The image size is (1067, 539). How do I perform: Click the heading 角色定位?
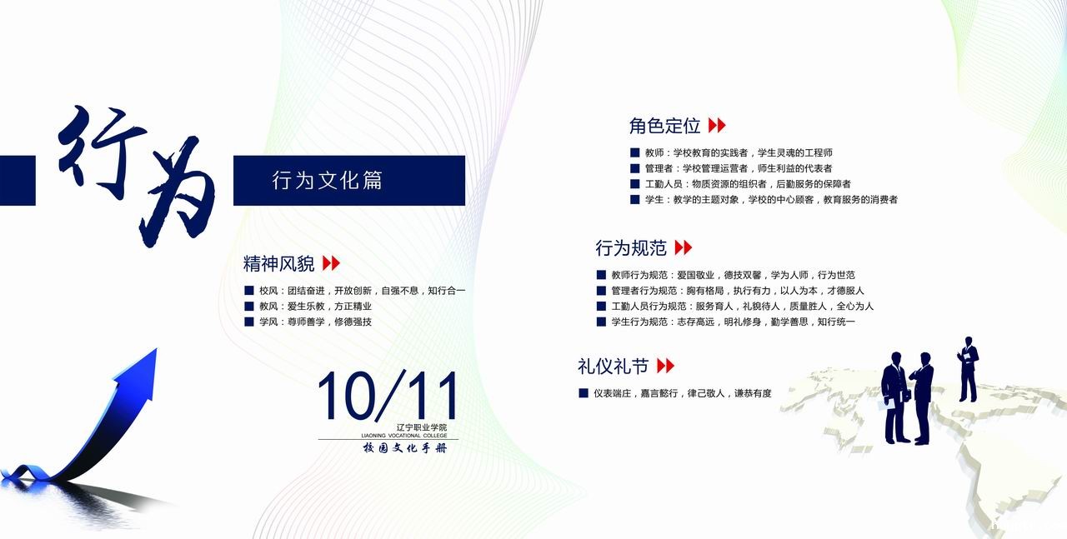click(x=664, y=126)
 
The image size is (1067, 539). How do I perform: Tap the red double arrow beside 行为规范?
click(x=684, y=247)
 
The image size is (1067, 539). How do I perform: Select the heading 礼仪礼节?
click(x=613, y=367)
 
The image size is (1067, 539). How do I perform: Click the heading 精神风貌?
click(x=278, y=263)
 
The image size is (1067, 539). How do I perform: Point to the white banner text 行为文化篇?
click(x=328, y=181)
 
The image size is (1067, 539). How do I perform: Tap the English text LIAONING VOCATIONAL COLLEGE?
click(x=404, y=436)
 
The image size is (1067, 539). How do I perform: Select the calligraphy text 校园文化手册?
click(x=405, y=448)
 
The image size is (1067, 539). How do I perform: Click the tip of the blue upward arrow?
click(x=156, y=349)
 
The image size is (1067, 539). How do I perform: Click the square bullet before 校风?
click(x=248, y=291)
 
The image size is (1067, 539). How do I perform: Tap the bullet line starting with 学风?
click(x=308, y=322)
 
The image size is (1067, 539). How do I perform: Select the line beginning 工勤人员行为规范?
click(x=735, y=307)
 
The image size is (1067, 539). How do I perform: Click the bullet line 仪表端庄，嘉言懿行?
click(x=675, y=393)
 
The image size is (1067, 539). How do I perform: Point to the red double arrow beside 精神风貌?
click(x=332, y=262)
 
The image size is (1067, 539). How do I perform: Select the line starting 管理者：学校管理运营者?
click(x=731, y=168)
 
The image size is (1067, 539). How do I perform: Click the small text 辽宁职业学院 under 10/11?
click(x=422, y=427)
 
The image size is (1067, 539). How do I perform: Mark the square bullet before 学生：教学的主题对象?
click(x=634, y=199)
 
